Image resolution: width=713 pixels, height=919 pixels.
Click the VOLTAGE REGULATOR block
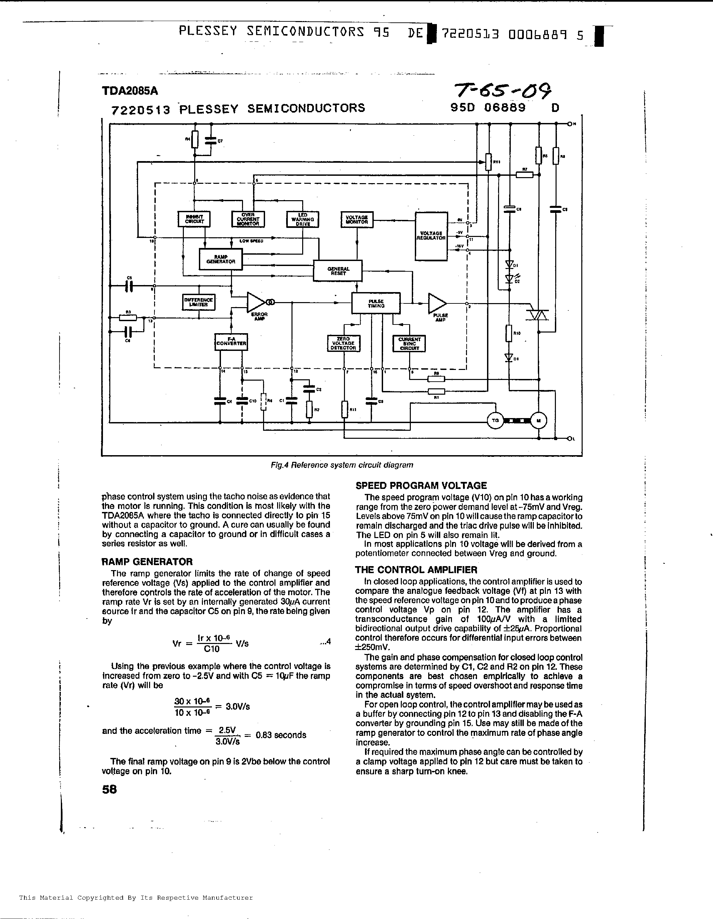coord(431,237)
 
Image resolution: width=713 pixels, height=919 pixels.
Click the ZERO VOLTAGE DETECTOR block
coord(343,343)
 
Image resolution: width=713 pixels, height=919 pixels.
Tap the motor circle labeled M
coord(538,420)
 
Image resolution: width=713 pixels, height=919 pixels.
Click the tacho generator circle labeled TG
coord(495,420)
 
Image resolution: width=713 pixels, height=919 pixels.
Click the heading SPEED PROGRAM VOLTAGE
coord(421,485)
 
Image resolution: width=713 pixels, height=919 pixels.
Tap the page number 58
coord(109,789)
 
